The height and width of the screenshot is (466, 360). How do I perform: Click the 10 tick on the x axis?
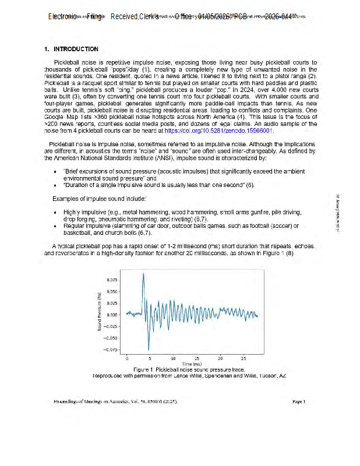(174, 358)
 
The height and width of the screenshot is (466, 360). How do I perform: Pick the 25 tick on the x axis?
(243, 358)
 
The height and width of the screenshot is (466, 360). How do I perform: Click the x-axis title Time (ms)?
(192, 363)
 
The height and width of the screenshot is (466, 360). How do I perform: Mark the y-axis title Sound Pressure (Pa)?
(100, 313)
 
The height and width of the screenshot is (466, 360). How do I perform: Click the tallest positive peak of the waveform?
(143, 274)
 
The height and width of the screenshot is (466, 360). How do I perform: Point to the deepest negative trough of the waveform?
(148, 350)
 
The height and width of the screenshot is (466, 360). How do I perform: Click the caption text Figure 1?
(143, 370)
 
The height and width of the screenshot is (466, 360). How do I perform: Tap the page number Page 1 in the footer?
(299, 401)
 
